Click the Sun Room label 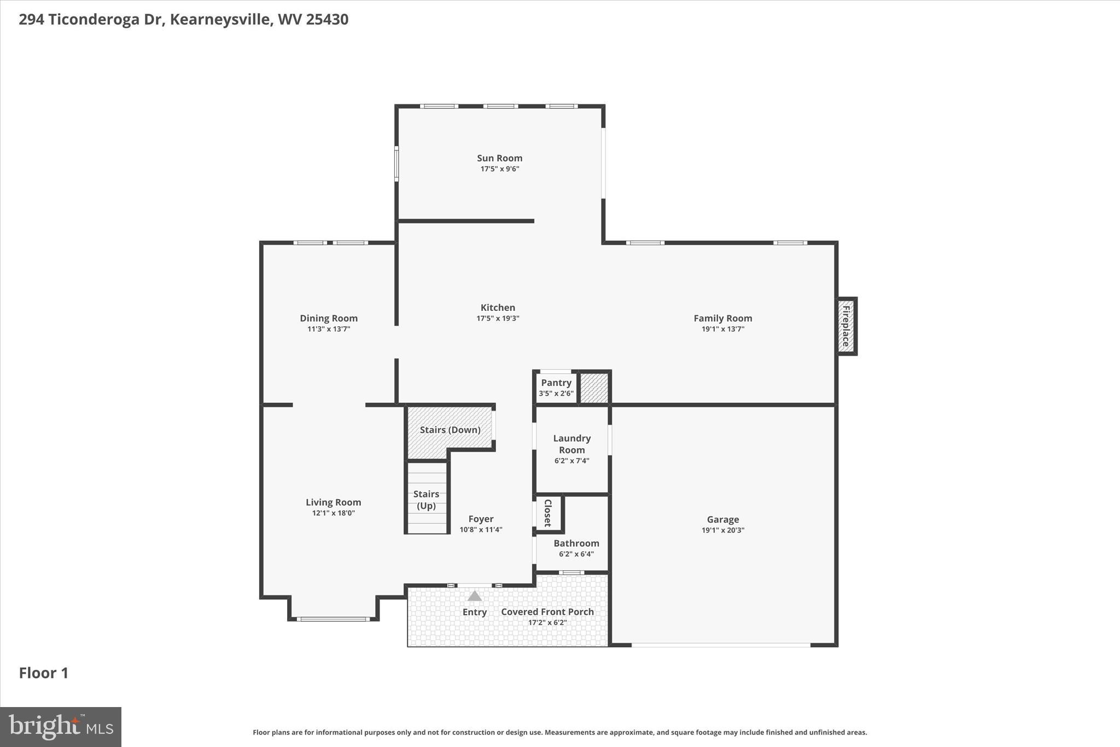[499, 158]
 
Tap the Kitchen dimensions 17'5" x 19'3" [498, 318]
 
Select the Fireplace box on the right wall [846, 326]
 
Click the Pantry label [556, 383]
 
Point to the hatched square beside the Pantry [594, 388]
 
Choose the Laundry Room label [571, 444]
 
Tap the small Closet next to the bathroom [548, 513]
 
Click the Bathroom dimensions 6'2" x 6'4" [576, 554]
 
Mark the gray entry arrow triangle [475, 596]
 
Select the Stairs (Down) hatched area [450, 430]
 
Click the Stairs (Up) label [426, 500]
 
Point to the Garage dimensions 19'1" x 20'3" [722, 530]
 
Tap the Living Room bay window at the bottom [333, 619]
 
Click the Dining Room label [329, 318]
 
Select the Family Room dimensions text [722, 329]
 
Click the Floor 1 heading [44, 673]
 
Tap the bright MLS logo [61, 727]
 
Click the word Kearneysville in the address [220, 19]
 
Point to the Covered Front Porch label [547, 612]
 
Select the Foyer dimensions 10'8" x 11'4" [481, 529]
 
